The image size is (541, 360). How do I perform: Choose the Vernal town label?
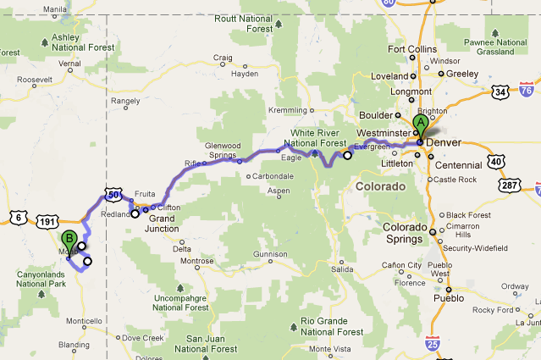[69, 63]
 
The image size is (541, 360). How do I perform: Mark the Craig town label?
[224, 58]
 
